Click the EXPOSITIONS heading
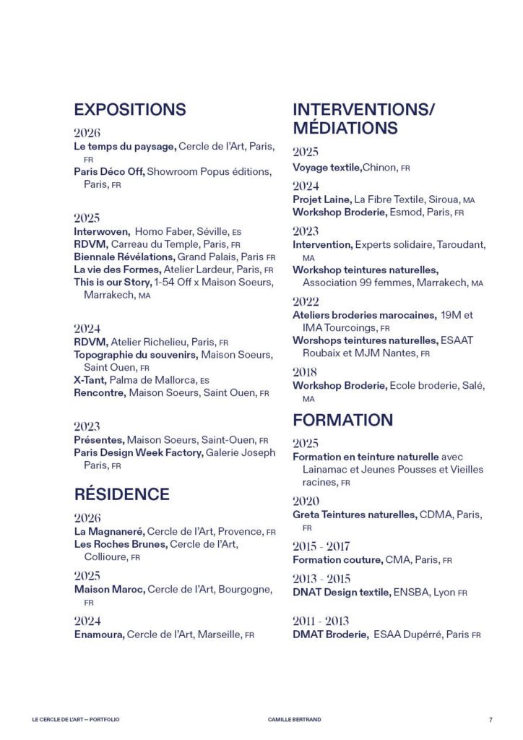pyautogui.click(x=130, y=110)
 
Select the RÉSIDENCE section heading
pyautogui.click(x=121, y=494)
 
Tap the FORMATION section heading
pyautogui.click(x=342, y=420)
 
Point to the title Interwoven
pyautogui.click(x=101, y=232)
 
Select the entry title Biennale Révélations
pyautogui.click(x=124, y=257)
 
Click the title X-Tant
pyautogui.click(x=90, y=380)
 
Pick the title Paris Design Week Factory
pyautogui.click(x=139, y=453)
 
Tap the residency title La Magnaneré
pyautogui.click(x=109, y=531)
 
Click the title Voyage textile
pyautogui.click(x=327, y=168)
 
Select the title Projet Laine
pyautogui.click(x=322, y=199)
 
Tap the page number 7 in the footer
pyautogui.click(x=490, y=719)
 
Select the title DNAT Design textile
pyautogui.click(x=342, y=592)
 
